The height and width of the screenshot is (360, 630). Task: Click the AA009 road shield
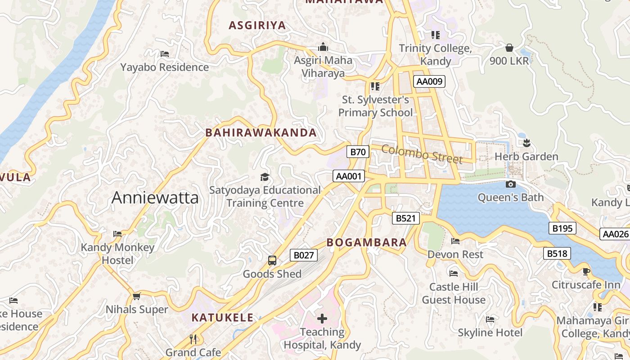click(x=430, y=81)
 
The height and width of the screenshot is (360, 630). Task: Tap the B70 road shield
click(x=358, y=152)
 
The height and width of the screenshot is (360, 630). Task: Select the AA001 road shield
click(x=349, y=176)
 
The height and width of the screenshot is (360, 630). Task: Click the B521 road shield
click(x=405, y=218)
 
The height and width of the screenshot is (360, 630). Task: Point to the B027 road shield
click(x=303, y=255)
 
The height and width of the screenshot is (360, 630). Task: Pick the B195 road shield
click(x=562, y=228)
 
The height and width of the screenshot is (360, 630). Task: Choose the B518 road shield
click(x=557, y=253)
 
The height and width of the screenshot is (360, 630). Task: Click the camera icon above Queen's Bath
click(x=510, y=184)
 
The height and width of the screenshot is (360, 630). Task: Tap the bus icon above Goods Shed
click(x=272, y=260)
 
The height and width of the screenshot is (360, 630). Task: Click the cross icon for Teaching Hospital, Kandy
click(x=322, y=319)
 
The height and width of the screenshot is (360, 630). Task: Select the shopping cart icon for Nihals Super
click(x=136, y=296)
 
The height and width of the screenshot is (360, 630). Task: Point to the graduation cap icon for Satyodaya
click(x=265, y=177)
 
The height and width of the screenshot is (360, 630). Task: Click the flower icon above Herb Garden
click(x=526, y=143)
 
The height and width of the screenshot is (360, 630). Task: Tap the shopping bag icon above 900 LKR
click(x=509, y=47)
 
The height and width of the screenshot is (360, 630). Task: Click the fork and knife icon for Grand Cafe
click(x=193, y=339)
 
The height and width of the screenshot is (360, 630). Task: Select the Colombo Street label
click(x=422, y=154)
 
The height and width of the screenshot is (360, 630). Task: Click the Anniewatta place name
click(x=155, y=198)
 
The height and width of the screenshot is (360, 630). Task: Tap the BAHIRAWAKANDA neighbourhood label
click(x=261, y=133)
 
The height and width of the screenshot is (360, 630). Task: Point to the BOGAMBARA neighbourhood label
click(x=366, y=243)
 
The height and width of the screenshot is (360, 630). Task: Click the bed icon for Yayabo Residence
click(x=165, y=54)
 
